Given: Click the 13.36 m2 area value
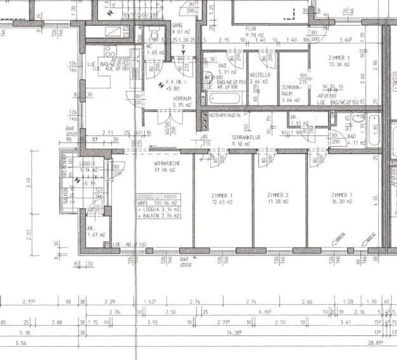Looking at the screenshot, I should point(339,65).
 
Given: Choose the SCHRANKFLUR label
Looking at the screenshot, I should point(245,138).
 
